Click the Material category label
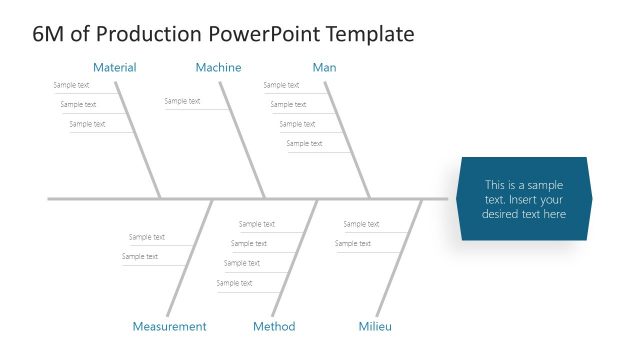pos(114,68)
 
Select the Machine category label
pos(218,68)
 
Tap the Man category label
pos(324,68)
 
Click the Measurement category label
pos(169,327)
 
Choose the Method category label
pos(274,327)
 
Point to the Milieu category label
pos(375,327)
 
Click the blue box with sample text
pos(524,199)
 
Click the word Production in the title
pos(151,34)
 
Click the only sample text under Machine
pos(182,101)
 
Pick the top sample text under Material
pos(71,85)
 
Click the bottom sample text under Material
pos(87,124)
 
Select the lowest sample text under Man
pos(304,144)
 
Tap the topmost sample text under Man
pos(281,85)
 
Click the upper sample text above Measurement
pos(147,237)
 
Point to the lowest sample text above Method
pos(234,283)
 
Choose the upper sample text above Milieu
pos(361,224)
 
